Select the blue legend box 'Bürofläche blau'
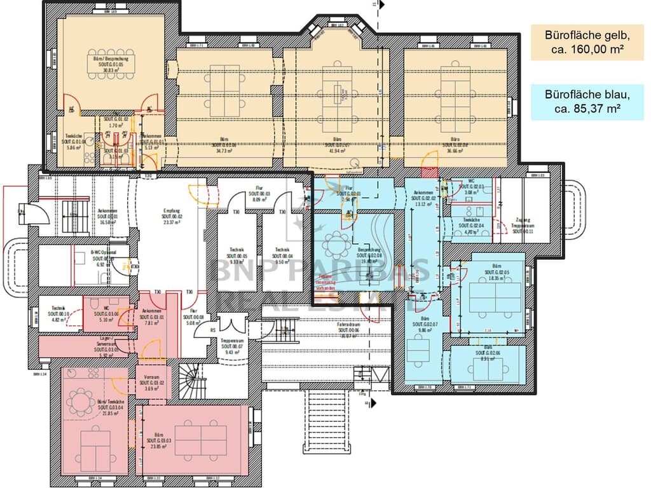click(587, 102)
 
